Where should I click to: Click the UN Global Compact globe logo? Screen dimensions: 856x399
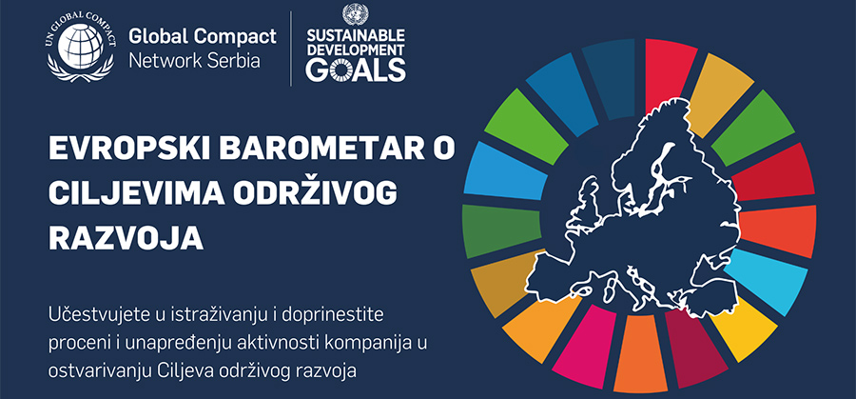[81, 47]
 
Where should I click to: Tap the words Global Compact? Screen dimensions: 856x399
[203, 37]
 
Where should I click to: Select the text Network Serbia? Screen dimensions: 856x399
[194, 61]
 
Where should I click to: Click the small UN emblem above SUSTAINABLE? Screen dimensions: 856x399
[356, 14]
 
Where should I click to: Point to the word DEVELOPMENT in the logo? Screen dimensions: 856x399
[356, 50]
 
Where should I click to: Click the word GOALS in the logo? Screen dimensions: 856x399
[356, 70]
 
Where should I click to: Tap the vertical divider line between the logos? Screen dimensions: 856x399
[291, 49]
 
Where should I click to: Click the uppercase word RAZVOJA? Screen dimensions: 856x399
[126, 239]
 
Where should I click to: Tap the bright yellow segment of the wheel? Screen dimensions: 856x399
[744, 329]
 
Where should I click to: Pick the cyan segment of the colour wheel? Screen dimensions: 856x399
[766, 281]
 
